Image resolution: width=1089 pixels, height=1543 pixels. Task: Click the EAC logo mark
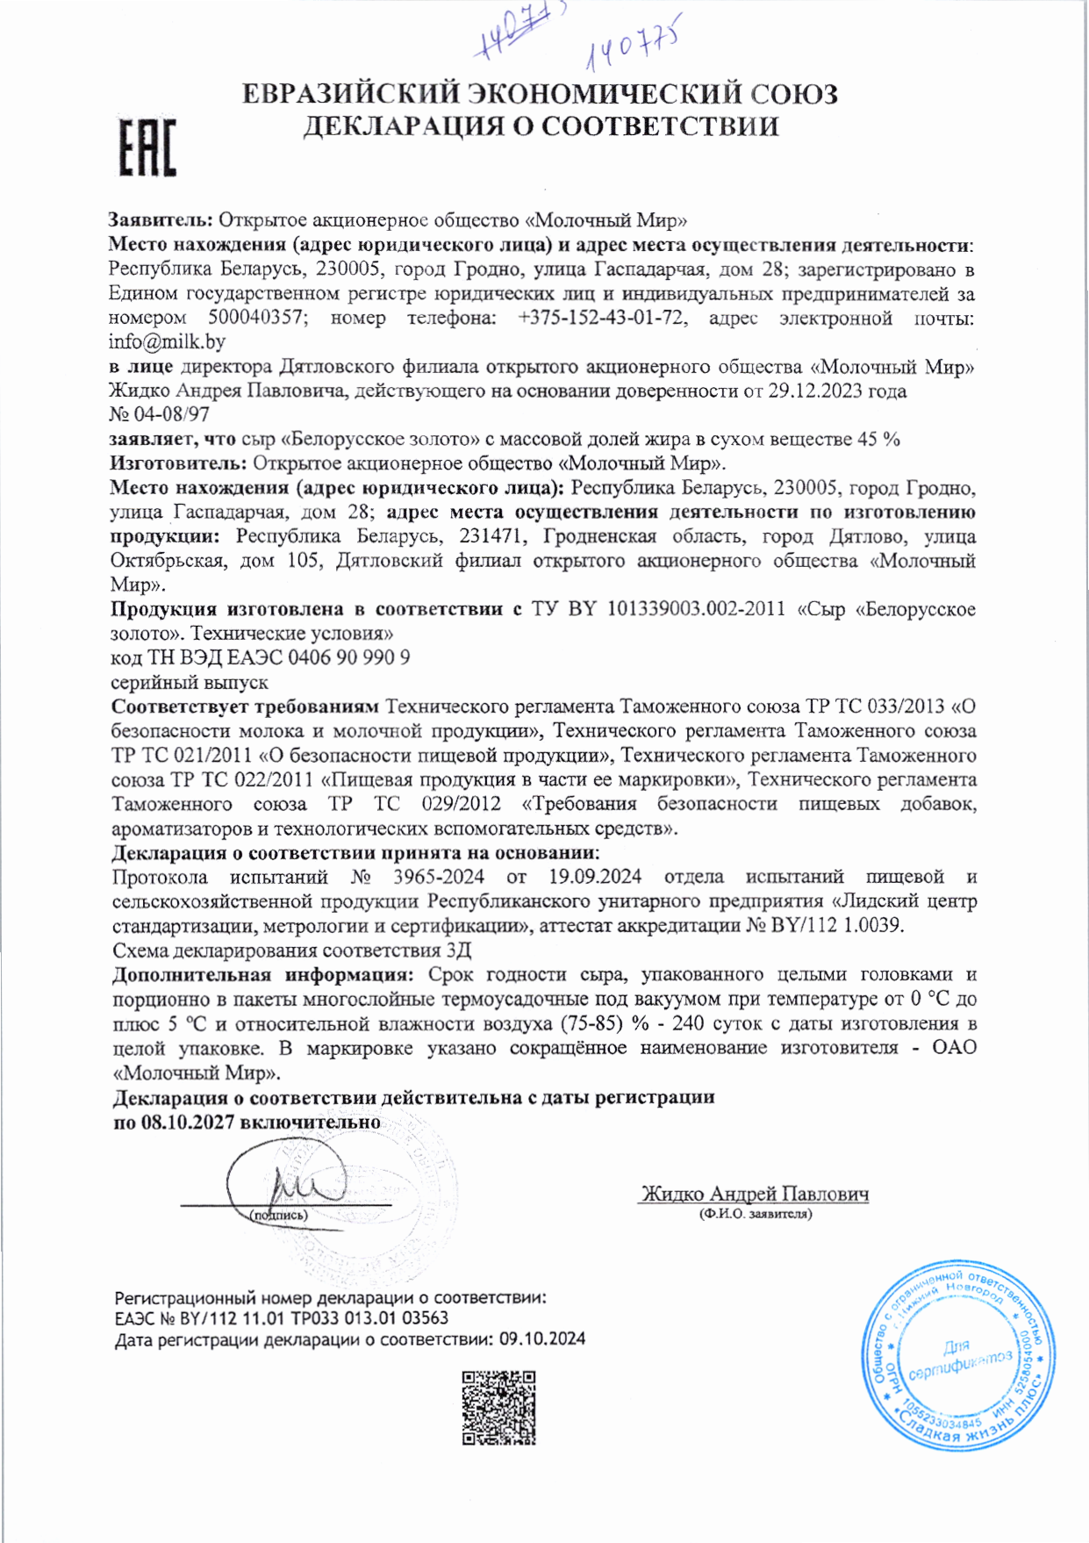point(147,147)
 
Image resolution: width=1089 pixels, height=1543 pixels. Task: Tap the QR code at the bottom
point(498,1408)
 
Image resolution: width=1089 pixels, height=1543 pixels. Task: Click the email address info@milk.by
point(167,342)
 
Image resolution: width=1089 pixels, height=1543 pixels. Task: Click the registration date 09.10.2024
point(542,1338)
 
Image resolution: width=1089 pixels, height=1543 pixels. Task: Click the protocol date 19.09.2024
point(595,877)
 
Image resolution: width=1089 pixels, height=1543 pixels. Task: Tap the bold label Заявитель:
point(161,219)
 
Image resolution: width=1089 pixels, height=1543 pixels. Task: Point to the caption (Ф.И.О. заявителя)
point(756,1214)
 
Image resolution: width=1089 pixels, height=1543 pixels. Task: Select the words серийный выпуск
point(190,682)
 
